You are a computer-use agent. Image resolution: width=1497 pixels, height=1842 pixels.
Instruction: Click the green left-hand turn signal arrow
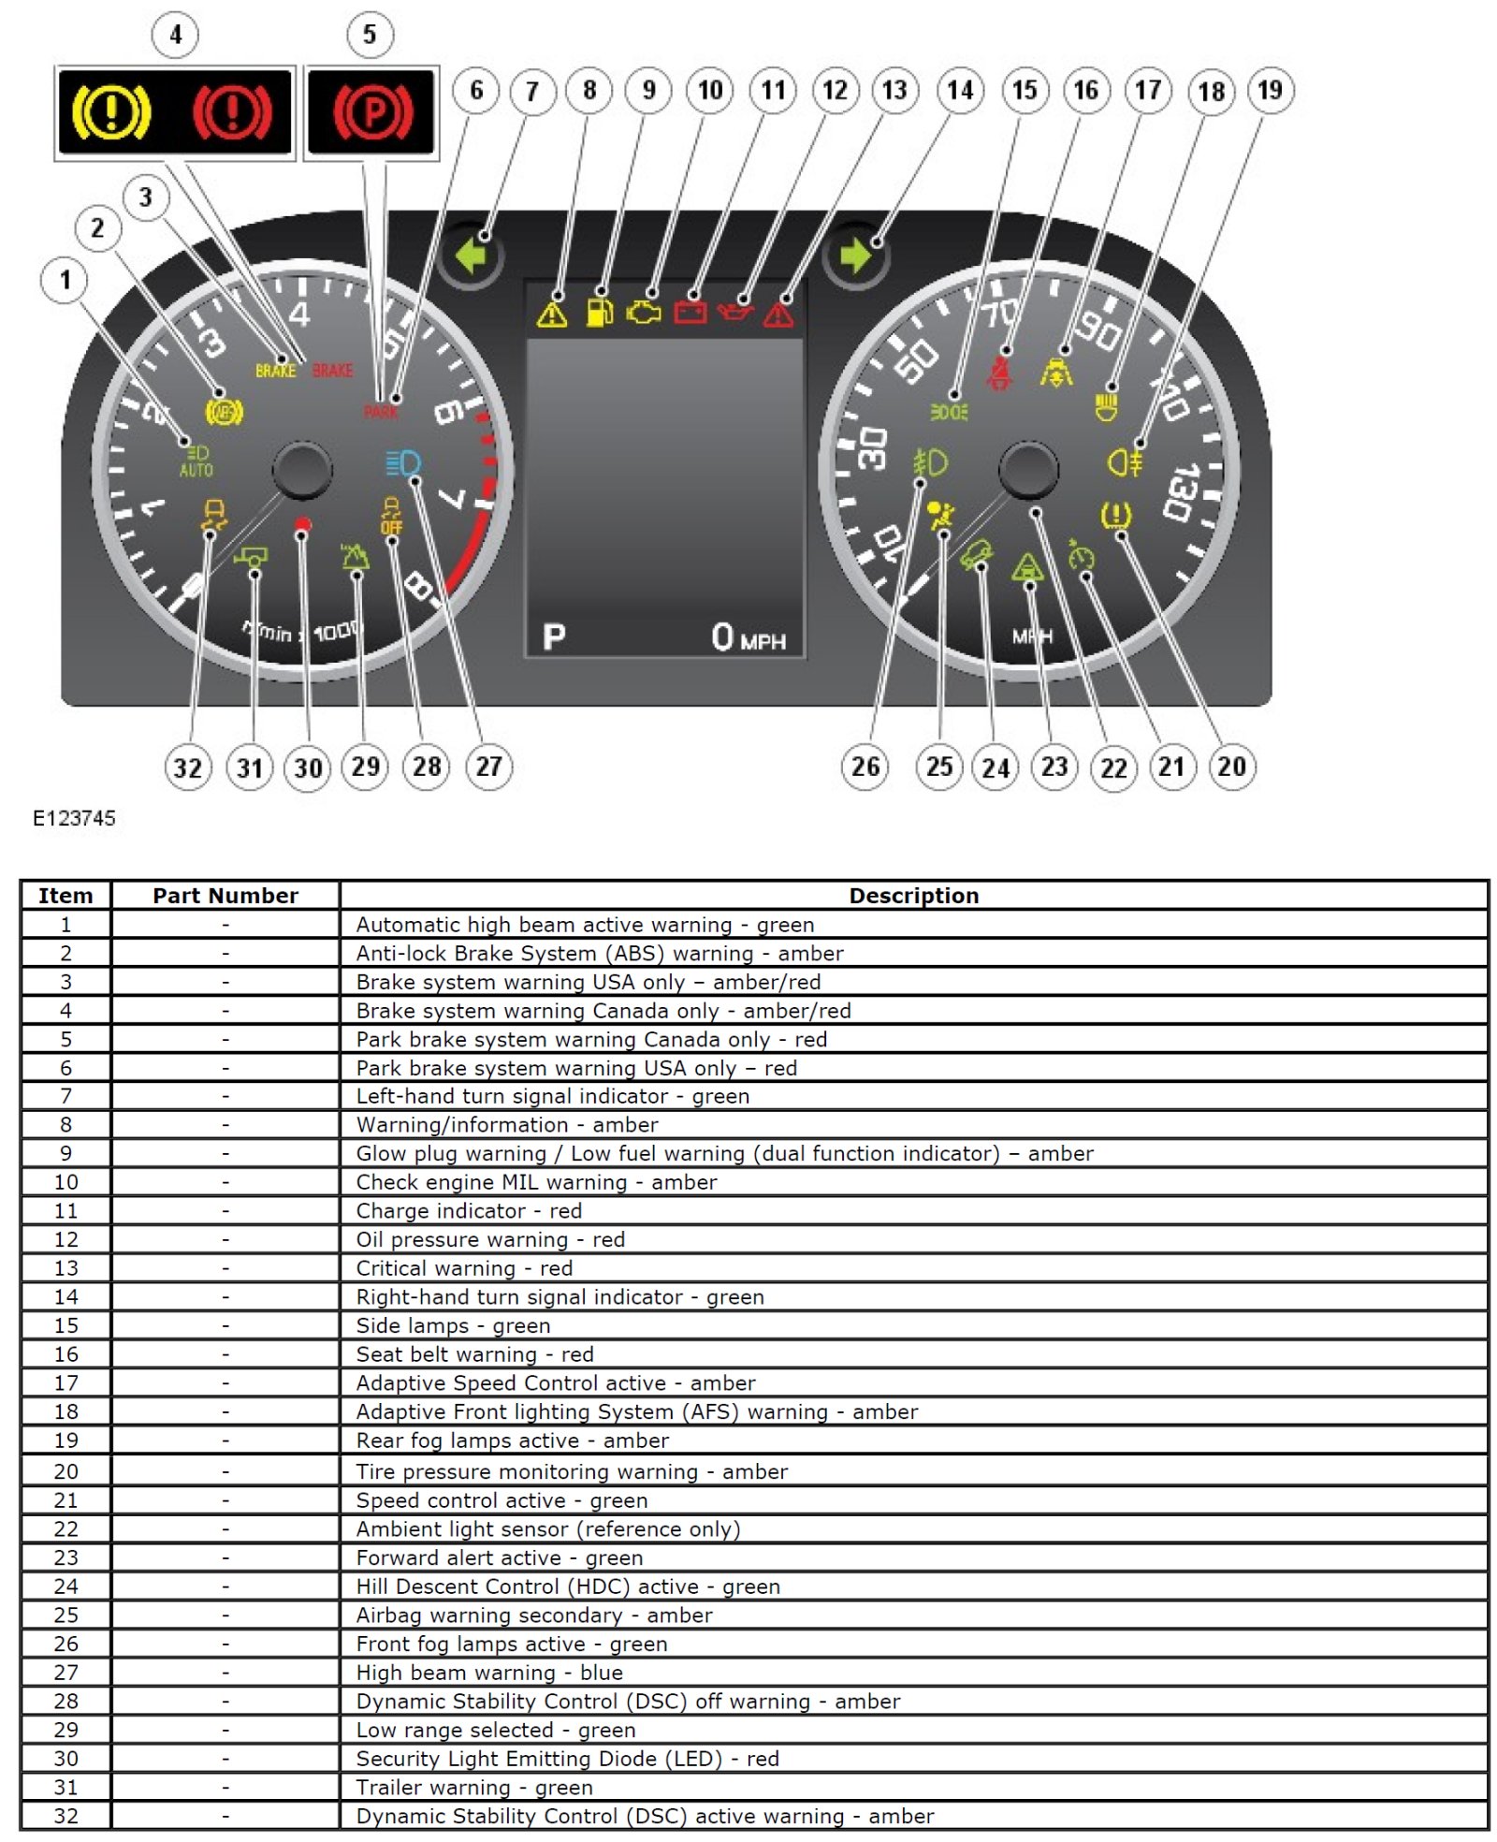click(x=472, y=255)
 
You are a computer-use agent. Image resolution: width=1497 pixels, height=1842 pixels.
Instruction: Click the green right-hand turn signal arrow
click(x=855, y=255)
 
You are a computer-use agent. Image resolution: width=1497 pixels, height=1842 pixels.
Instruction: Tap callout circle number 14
click(x=960, y=90)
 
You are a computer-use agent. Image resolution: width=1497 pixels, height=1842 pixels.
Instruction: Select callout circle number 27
click(x=488, y=767)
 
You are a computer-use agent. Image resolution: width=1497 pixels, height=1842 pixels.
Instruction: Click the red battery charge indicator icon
click(x=690, y=311)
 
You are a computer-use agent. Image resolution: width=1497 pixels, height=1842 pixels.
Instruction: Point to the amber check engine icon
click(x=643, y=312)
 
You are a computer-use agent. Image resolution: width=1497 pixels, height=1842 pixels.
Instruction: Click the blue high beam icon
click(x=403, y=463)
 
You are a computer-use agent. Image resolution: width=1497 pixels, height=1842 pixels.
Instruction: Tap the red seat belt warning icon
click(x=1000, y=372)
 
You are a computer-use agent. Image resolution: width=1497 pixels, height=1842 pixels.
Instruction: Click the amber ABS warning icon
click(x=224, y=411)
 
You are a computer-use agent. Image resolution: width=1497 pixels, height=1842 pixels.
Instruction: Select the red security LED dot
click(x=302, y=525)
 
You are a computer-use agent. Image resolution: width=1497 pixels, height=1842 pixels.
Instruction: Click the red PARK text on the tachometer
click(x=381, y=412)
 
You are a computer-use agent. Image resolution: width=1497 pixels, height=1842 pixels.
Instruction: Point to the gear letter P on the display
click(x=554, y=637)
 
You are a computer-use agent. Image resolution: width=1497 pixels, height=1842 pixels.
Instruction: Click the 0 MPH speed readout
click(x=748, y=637)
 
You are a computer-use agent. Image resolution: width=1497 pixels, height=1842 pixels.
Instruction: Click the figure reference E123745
click(x=74, y=818)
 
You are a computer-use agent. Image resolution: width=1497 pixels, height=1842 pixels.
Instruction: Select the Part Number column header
click(x=225, y=896)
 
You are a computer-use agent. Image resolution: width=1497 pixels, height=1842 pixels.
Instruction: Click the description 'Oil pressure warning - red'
click(x=490, y=1239)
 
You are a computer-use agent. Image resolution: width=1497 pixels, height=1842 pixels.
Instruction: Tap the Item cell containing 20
click(x=65, y=1471)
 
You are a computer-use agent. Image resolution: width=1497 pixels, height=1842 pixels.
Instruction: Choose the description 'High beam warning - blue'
click(x=489, y=1673)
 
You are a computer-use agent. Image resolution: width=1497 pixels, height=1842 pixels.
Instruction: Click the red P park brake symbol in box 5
click(x=372, y=111)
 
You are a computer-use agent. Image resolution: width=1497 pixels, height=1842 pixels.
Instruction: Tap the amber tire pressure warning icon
click(x=1116, y=516)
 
